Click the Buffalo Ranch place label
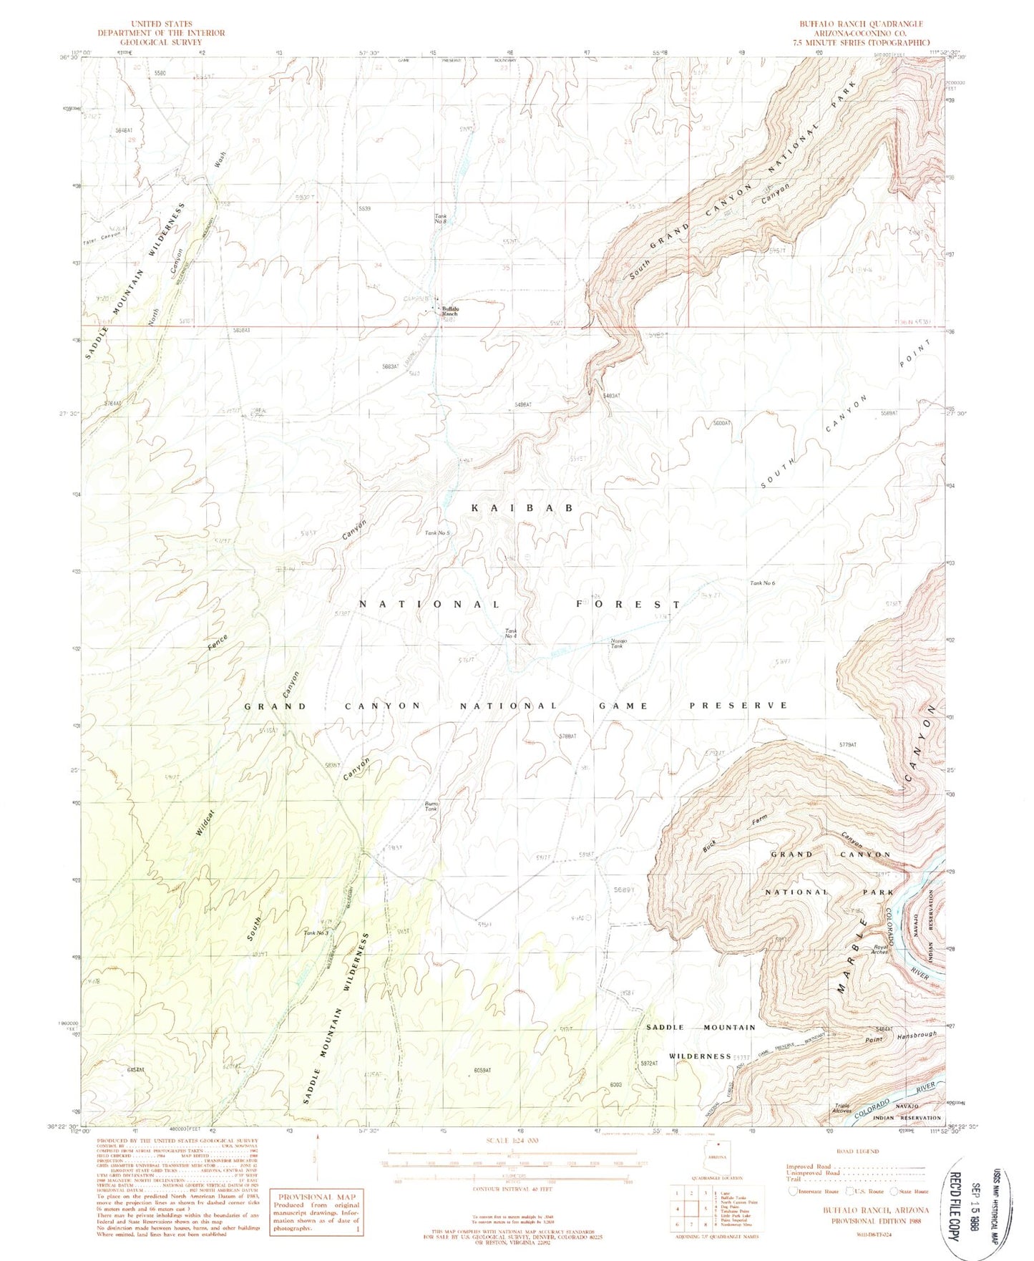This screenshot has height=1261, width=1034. pos(449,311)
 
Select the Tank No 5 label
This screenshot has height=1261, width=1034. pos(437,533)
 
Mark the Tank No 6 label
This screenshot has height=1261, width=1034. pos(762,583)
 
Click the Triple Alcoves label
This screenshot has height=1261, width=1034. pos(842,1109)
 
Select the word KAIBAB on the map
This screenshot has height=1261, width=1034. pos(522,507)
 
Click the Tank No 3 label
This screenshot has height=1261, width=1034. pos(316,933)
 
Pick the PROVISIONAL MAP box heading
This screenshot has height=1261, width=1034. pos(316,1197)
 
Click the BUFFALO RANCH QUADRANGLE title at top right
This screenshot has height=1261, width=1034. pos(861,24)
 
